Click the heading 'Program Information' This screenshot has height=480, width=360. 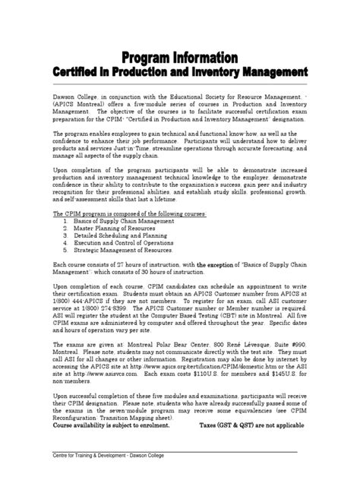click(x=179, y=58)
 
